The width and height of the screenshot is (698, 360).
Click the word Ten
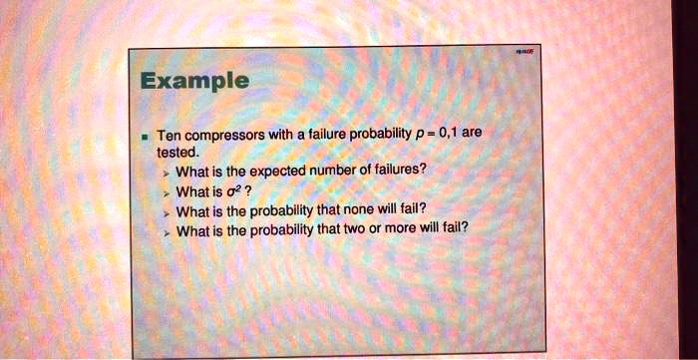[170, 135]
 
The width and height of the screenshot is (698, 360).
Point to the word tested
[178, 152]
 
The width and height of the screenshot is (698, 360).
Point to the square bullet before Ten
[147, 136]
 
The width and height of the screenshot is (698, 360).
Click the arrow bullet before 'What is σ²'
[167, 191]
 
